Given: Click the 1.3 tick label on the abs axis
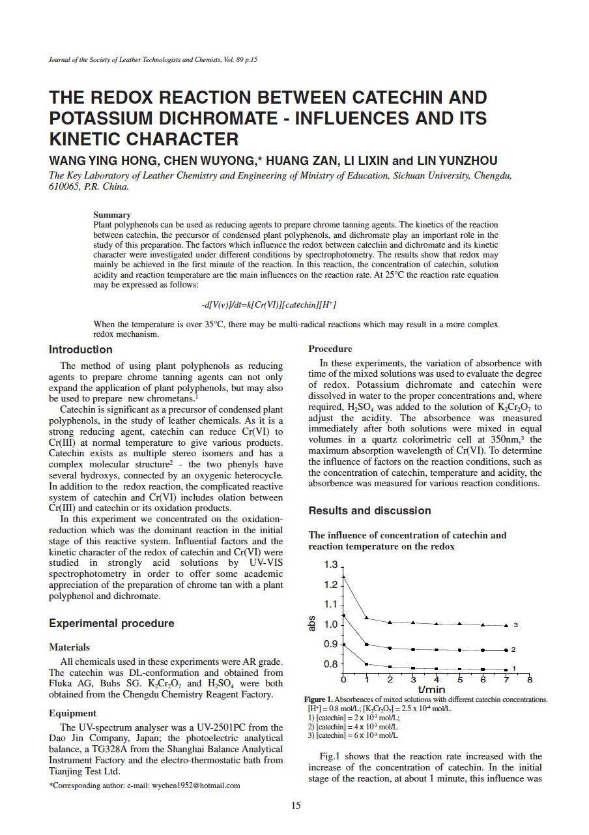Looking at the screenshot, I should [331, 564].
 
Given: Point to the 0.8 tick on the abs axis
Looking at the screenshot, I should [331, 664].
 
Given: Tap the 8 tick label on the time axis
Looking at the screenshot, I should [529, 680].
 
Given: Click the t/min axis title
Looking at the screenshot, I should [431, 689].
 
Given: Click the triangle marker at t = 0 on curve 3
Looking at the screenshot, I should [343, 576].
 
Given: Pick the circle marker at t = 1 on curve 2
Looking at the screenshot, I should [367, 645].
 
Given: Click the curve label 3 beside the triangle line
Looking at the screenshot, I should [515, 625].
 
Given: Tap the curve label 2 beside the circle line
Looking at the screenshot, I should [513, 650].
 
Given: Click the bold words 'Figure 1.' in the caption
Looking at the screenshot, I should [320, 699].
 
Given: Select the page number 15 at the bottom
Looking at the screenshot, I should [295, 806].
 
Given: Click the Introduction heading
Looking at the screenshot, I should [81, 349].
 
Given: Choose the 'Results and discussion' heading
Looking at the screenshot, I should [369, 510].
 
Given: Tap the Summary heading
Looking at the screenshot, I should [112, 214].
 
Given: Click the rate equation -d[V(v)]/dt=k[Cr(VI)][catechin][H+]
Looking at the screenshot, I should [269, 304].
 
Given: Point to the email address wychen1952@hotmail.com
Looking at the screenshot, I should [196, 785].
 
